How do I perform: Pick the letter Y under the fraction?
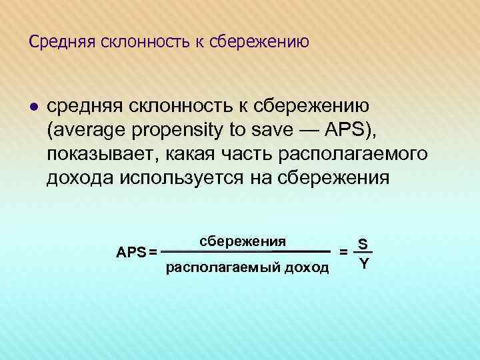[x=363, y=263]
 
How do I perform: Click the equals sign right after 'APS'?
[x=153, y=252]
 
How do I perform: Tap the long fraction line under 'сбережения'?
[x=247, y=252]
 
